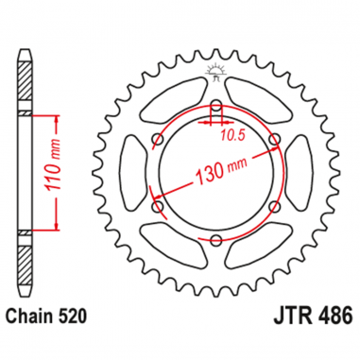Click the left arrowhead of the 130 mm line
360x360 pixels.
[x=162, y=200]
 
